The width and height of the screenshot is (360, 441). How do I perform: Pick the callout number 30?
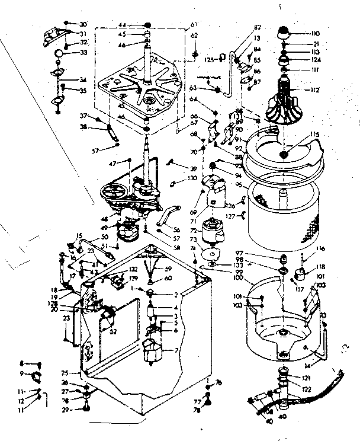tap(83, 24)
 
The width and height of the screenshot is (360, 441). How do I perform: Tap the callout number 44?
tap(123, 25)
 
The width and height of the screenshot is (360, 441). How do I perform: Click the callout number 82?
tap(241, 28)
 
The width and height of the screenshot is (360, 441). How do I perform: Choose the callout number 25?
tap(66, 373)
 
